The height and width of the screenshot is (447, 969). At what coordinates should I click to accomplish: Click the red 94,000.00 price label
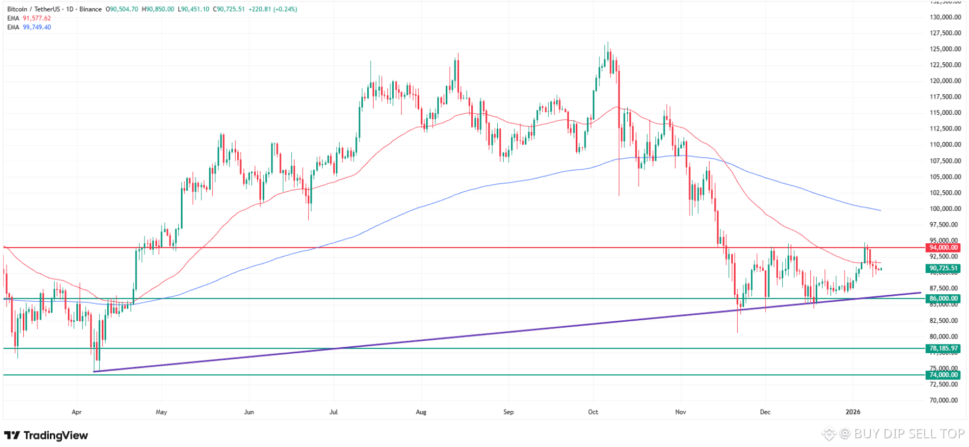coord(944,248)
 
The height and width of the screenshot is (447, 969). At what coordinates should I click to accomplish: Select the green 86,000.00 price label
coord(944,299)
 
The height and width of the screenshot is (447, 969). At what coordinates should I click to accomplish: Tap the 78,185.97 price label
coord(944,348)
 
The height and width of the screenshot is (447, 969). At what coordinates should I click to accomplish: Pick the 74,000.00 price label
coord(944,375)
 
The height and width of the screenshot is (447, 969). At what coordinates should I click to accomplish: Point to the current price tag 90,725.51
coord(944,268)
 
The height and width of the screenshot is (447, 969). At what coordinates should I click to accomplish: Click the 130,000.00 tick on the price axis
coord(945,17)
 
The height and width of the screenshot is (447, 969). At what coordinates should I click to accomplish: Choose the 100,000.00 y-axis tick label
coord(945,209)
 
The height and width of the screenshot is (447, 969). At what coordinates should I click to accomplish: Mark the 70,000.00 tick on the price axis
coord(945,400)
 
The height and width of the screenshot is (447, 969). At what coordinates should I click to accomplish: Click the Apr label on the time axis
coord(77,412)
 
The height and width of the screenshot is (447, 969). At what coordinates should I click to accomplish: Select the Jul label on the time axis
coord(334,412)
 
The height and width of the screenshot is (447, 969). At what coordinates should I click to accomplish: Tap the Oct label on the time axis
coord(593,412)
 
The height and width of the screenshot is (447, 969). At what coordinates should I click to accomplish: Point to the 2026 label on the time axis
coord(853,412)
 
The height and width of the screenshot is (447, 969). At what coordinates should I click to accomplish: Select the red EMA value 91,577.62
coord(37,18)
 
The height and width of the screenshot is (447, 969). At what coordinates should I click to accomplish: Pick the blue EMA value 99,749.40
coord(37,28)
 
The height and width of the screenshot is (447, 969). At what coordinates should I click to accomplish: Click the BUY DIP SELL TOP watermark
coord(909,434)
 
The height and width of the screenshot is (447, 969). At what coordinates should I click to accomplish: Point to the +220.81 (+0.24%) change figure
coord(273,9)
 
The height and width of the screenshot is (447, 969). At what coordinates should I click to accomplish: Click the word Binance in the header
coord(90,9)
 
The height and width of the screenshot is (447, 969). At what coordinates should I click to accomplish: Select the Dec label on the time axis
coord(765,412)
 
